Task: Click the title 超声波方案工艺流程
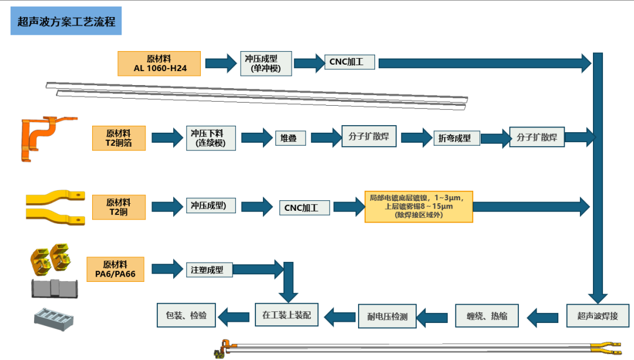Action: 66,22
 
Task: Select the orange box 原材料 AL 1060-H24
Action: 159,63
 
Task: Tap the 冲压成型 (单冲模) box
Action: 266,63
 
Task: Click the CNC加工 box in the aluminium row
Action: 349,62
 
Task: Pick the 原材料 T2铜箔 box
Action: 119,138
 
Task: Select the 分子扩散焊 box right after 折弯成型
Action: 537,137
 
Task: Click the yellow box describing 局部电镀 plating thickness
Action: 419,206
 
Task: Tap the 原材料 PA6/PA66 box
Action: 115,269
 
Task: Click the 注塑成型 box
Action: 210,270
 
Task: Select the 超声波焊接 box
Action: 598,315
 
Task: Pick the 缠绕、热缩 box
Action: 487,315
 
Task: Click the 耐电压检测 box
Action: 387,316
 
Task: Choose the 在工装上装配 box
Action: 286,315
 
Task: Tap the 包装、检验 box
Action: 186,315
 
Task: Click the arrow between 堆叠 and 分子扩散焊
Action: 326,138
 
